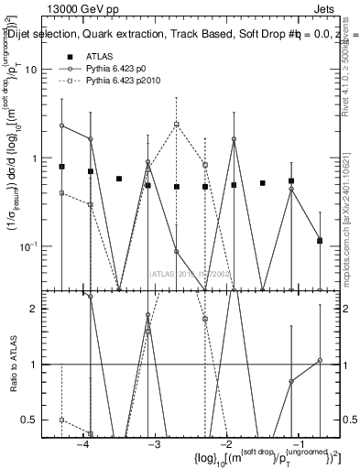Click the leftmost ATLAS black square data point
click(x=61, y=167)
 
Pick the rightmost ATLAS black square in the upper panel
click(x=320, y=241)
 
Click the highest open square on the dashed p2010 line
click(x=177, y=125)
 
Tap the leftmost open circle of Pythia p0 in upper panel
click(x=61, y=125)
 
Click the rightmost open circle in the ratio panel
click(x=320, y=361)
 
